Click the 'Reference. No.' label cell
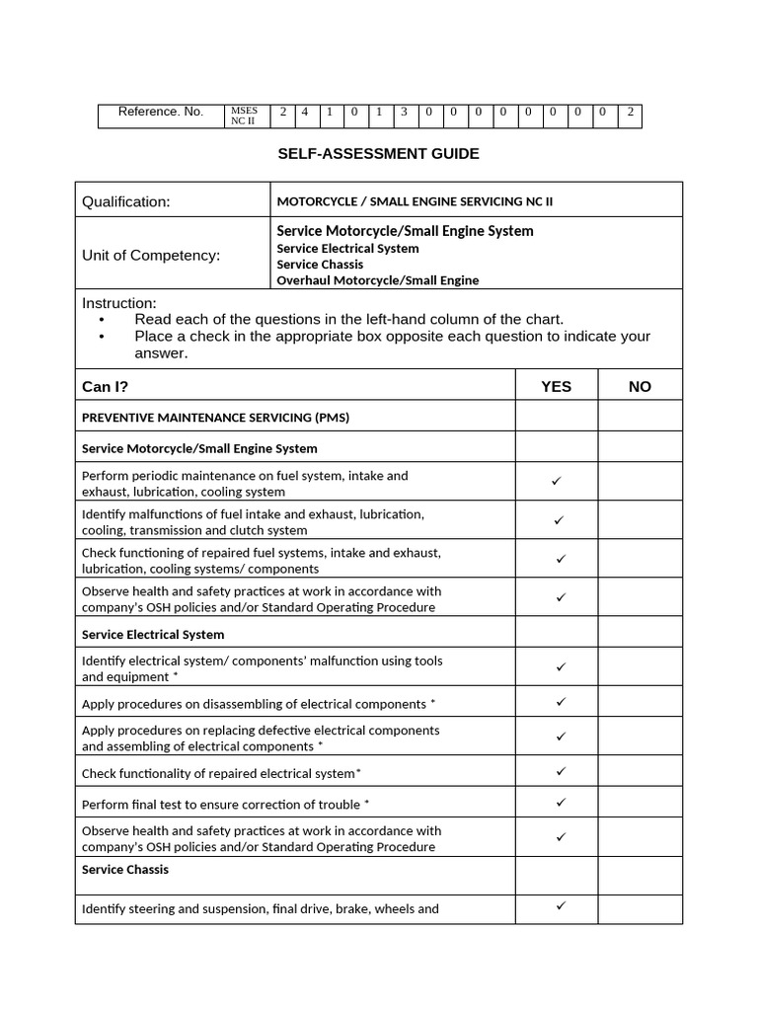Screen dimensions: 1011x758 coord(160,112)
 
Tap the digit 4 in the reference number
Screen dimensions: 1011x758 coord(305,112)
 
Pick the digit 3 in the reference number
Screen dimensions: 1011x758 coord(404,112)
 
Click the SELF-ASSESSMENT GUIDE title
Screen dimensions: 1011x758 coord(378,154)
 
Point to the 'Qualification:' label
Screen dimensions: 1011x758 coord(125,201)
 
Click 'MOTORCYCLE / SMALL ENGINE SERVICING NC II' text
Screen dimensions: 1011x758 coord(415,201)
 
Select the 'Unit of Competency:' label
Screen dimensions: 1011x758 coord(151,255)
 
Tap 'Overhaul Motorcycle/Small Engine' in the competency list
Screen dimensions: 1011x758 coord(377,280)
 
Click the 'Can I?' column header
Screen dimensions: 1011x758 coord(105,386)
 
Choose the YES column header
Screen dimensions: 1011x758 coord(556,386)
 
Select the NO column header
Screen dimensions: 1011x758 coord(640,386)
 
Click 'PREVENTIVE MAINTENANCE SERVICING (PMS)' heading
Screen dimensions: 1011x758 coord(215,417)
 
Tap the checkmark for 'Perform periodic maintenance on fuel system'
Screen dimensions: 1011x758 coord(557,481)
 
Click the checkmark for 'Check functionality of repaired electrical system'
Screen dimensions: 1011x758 coord(560,770)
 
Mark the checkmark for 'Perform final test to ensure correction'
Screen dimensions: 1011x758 coord(560,802)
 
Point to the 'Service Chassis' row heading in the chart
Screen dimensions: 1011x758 coord(125,869)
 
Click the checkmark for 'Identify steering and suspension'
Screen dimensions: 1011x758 coord(560,904)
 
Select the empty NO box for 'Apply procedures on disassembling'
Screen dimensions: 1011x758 coord(640,702)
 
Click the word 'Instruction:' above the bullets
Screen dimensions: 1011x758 coord(118,303)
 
